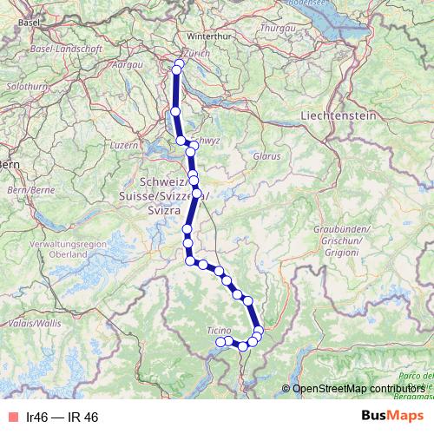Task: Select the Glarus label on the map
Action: tap(267, 156)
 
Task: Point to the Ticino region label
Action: tap(219, 330)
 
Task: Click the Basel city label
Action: tap(30, 21)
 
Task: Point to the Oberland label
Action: tap(69, 255)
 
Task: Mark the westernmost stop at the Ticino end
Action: tap(220, 343)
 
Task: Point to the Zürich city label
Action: tap(197, 51)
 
